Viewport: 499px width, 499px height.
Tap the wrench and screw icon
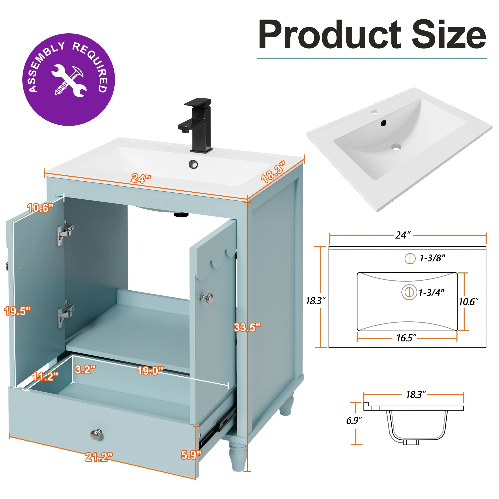pyautogui.click(x=68, y=81)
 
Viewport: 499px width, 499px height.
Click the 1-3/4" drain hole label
pyautogui.click(x=431, y=292)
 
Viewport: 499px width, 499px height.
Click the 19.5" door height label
pyautogui.click(x=18, y=311)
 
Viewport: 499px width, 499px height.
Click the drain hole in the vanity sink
pyautogui.click(x=193, y=164)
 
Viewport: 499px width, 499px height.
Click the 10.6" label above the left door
pyautogui.click(x=41, y=208)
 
